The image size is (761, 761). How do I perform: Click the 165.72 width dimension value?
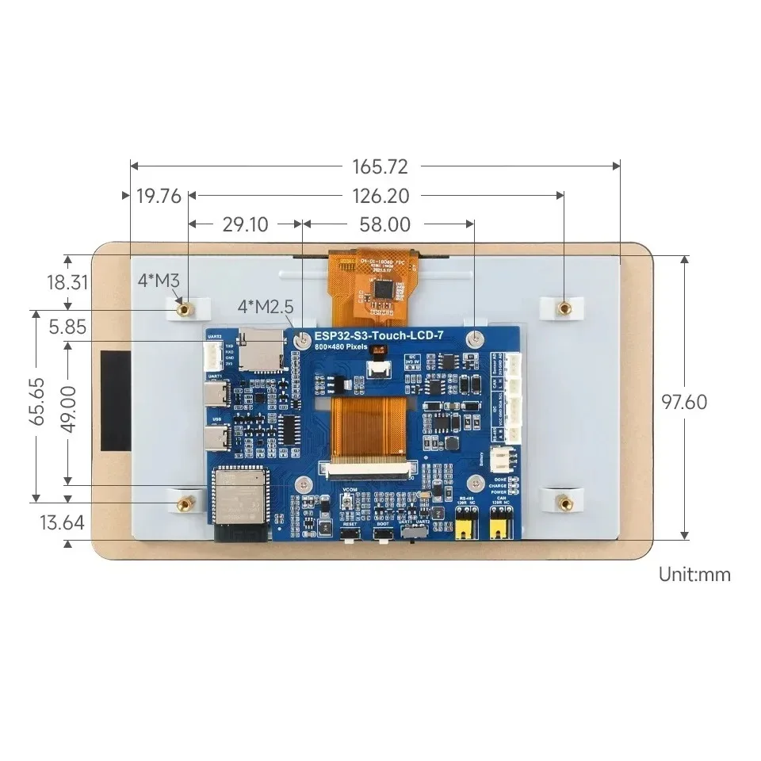click(379, 166)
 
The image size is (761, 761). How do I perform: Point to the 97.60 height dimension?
click(684, 402)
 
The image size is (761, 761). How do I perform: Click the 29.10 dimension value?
click(245, 224)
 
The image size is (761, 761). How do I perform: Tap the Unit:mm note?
click(694, 575)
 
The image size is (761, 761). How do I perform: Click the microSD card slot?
click(262, 351)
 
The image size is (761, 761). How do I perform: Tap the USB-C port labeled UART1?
click(217, 394)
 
